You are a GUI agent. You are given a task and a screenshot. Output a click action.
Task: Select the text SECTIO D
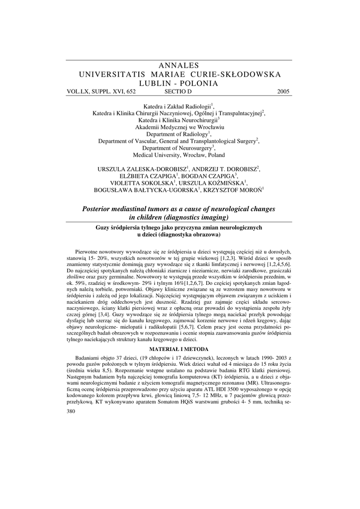point(178,91)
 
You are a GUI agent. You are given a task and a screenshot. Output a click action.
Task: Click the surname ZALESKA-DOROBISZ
point(154,169)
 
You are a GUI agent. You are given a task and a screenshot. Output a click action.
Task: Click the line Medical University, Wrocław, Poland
point(180,155)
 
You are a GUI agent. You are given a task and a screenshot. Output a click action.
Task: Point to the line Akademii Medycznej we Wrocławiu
point(180,127)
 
